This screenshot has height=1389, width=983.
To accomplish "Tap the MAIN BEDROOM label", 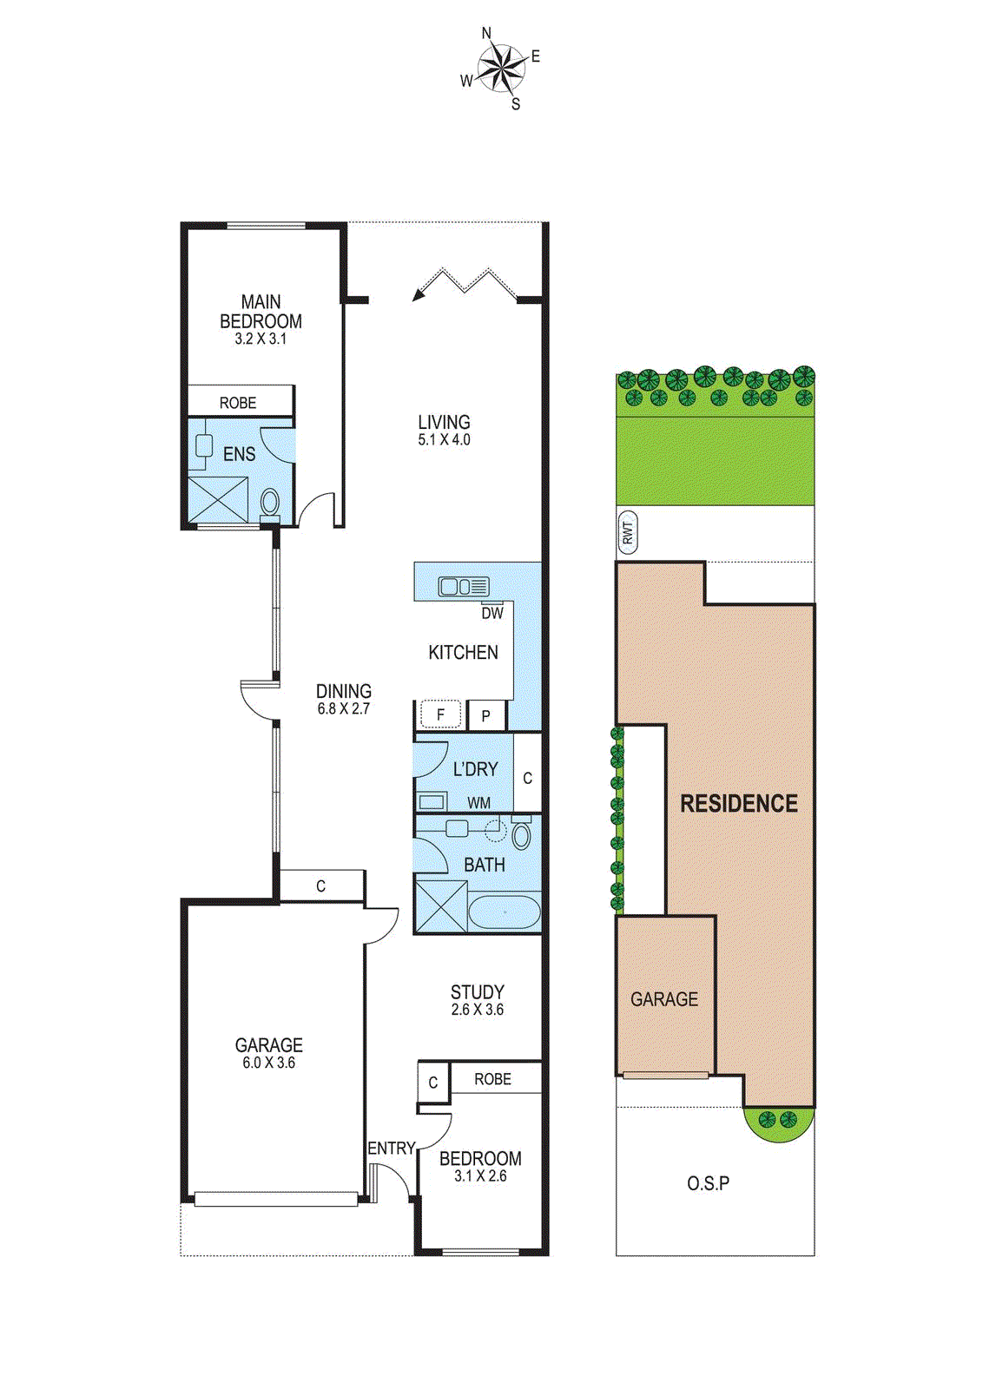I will pos(261,312).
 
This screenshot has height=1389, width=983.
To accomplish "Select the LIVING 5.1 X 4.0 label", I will pos(444,430).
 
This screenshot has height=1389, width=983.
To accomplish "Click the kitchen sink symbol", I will pos(465,587).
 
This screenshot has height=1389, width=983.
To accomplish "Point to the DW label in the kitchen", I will pos(492,613).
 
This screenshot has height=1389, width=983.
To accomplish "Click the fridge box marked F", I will pos(441,715).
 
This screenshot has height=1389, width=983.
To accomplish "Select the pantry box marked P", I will pos(486,716).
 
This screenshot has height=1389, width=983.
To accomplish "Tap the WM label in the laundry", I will pos(478,803).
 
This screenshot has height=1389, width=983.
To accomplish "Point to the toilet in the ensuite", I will pos(270,503).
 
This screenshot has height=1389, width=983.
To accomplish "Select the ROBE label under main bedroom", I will pos(238,403).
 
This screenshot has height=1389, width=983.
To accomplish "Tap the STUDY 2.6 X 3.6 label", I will pos(477,999).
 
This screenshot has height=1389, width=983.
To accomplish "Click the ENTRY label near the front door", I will pos(391,1149).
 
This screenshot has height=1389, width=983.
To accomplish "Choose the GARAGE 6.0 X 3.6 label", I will pos(268,1053).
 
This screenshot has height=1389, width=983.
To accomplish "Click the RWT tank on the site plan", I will pos(628,532).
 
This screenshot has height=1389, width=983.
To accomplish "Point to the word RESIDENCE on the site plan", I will pos(739,804).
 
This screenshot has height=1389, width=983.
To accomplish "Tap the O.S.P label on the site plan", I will pos(708,1183).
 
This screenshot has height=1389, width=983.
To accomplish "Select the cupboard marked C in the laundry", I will pos(527,778).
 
